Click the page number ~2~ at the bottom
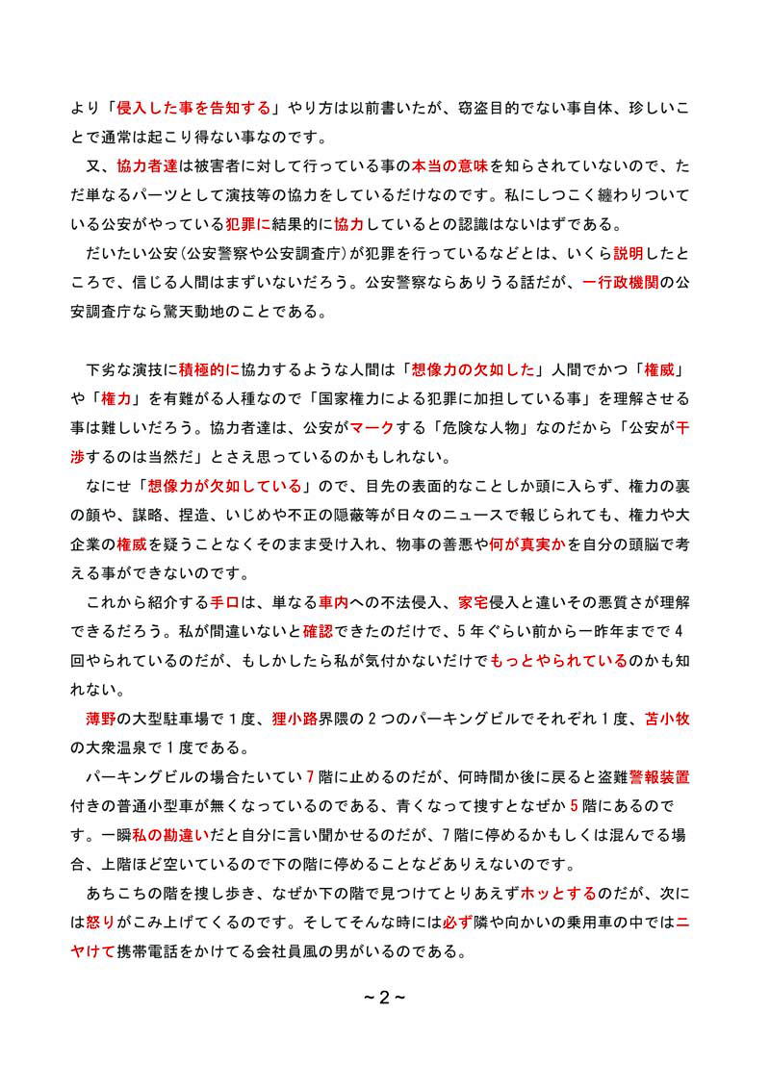pos(384,996)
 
